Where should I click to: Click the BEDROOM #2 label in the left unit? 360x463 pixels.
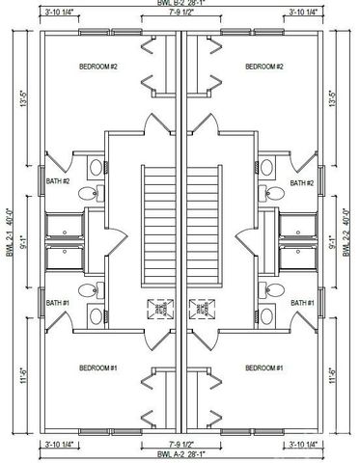[x=99, y=67]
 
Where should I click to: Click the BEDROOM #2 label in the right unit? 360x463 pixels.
[x=263, y=67]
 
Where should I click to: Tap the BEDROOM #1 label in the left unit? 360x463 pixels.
[x=99, y=368]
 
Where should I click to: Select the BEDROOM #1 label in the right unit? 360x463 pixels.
[x=263, y=368]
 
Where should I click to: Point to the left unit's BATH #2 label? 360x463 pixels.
[x=59, y=182]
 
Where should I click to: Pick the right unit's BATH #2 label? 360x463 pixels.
[x=303, y=182]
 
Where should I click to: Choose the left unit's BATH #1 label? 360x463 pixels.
[x=59, y=303]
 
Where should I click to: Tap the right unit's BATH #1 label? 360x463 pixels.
[x=303, y=303]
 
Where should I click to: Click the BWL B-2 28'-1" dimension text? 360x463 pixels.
[x=180, y=5]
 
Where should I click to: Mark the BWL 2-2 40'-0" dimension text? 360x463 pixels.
[x=350, y=231]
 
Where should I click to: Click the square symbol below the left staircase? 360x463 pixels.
[x=158, y=309]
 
